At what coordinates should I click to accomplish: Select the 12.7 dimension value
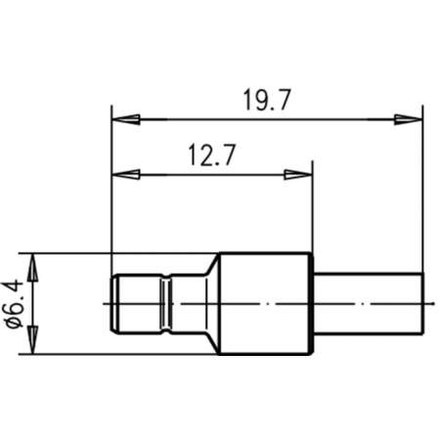click(207, 155)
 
